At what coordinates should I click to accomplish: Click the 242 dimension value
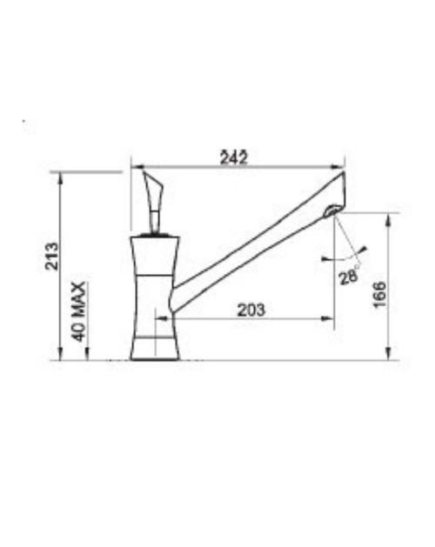tap(233, 158)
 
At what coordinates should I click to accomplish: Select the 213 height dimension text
tap(52, 257)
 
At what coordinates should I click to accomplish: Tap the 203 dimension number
tap(251, 310)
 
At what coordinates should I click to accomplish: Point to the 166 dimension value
tap(380, 295)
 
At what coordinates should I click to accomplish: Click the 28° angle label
tap(350, 277)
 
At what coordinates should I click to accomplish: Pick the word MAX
tap(79, 299)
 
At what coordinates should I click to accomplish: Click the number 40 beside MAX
tap(79, 331)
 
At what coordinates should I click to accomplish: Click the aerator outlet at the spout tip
tap(331, 210)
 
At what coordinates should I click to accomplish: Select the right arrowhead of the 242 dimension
tap(338, 167)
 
